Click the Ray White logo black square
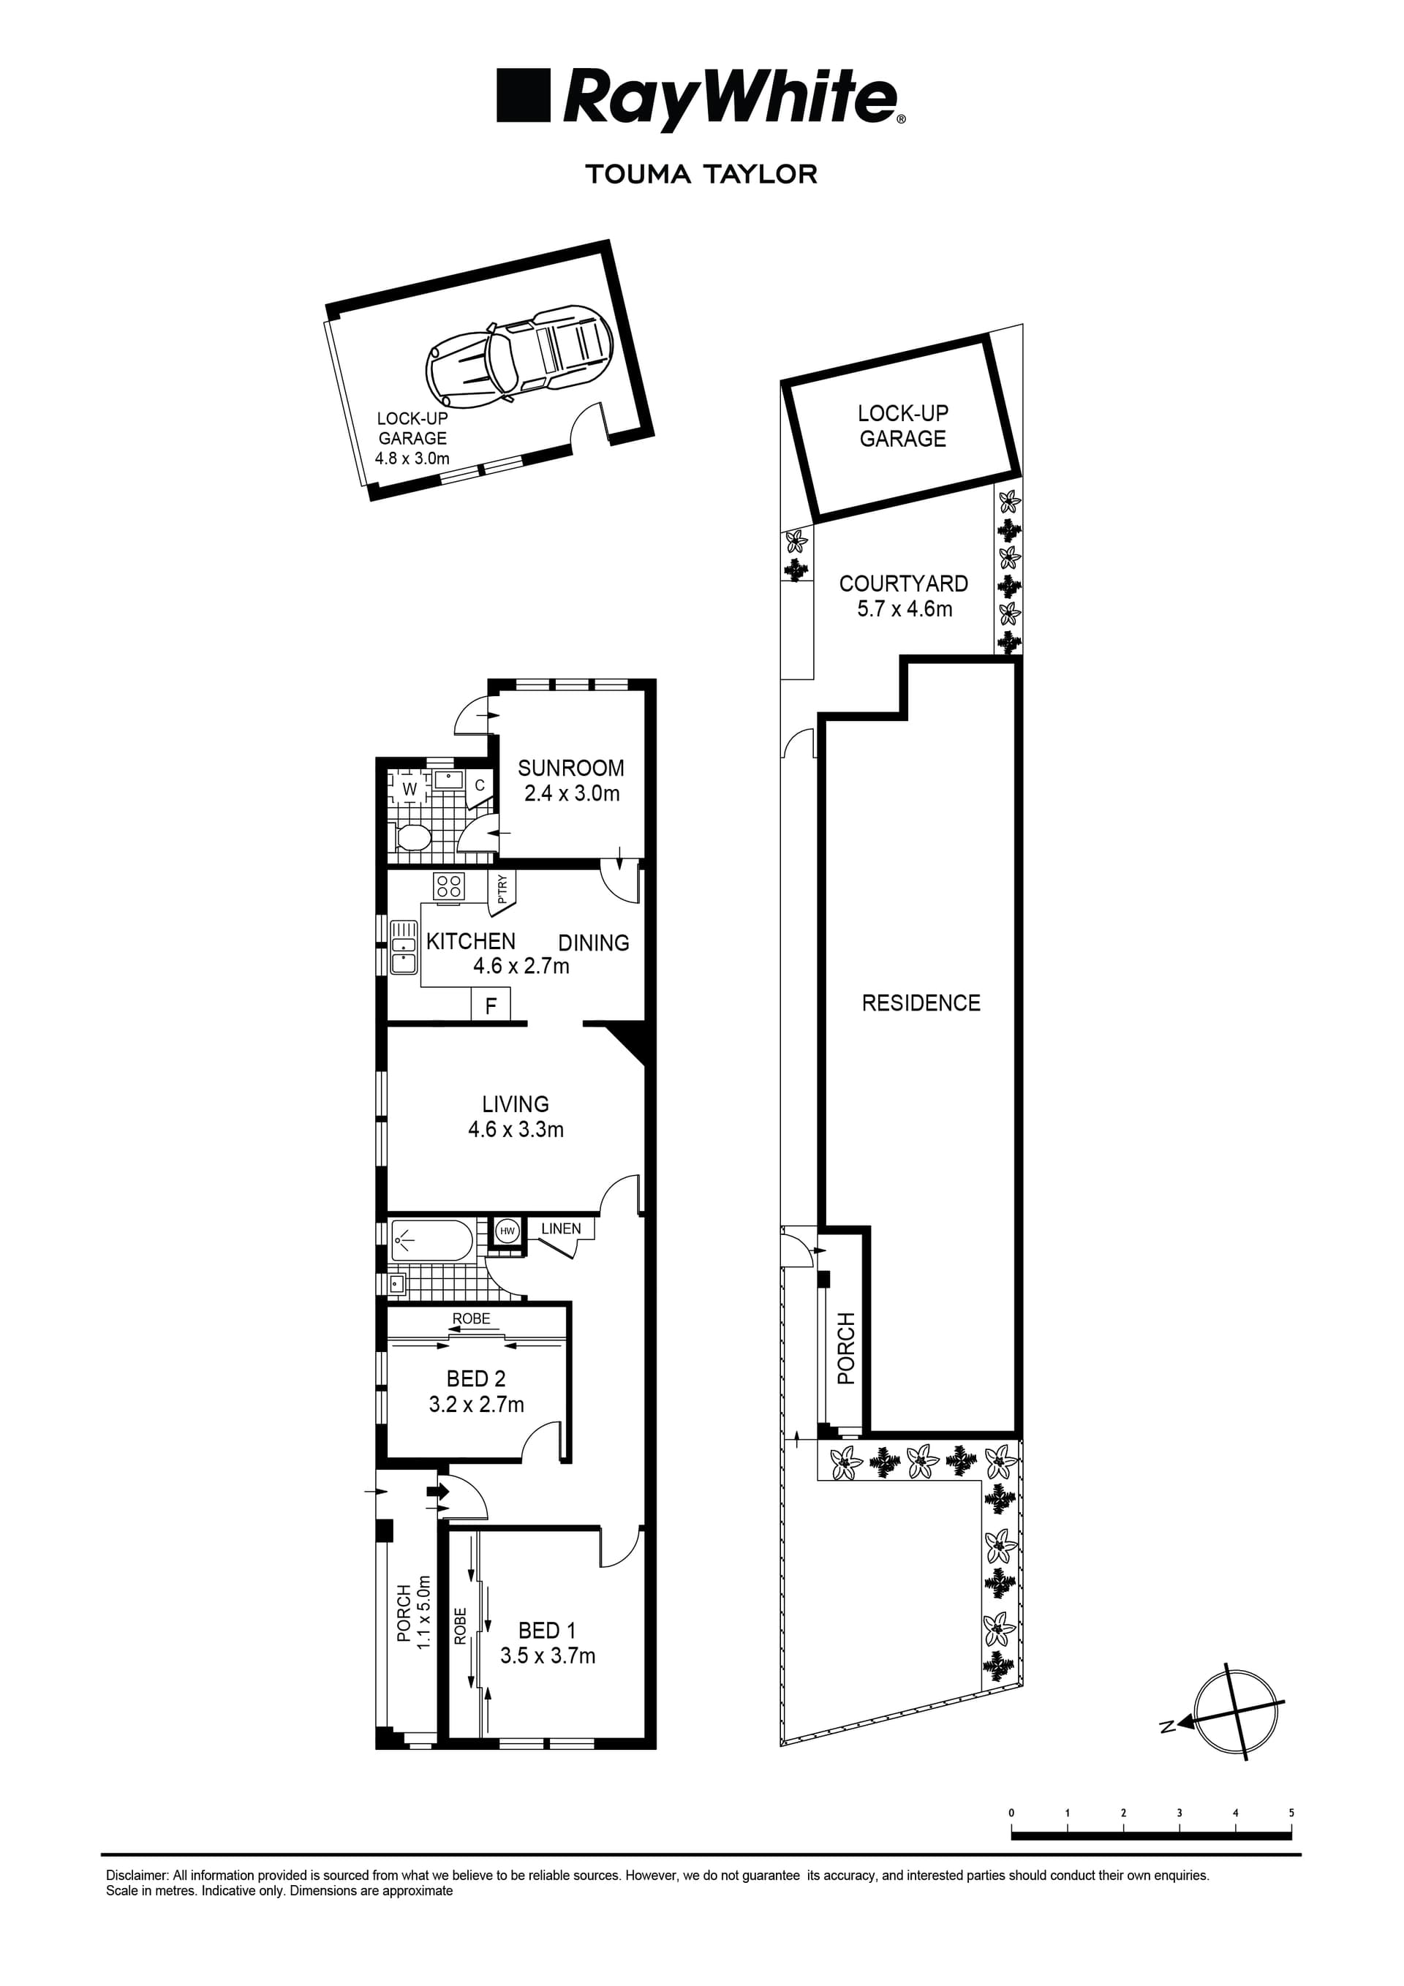(524, 95)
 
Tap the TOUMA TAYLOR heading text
(701, 174)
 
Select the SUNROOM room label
(571, 768)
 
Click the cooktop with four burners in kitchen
(449, 886)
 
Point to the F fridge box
(491, 1005)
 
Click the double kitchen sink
(403, 947)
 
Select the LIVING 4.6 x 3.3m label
(516, 1117)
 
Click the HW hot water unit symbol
(507, 1231)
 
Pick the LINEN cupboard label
(561, 1228)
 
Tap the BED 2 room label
(476, 1379)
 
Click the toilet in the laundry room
(412, 837)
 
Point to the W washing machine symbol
(409, 789)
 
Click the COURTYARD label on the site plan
(903, 584)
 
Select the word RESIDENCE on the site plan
(921, 1003)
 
